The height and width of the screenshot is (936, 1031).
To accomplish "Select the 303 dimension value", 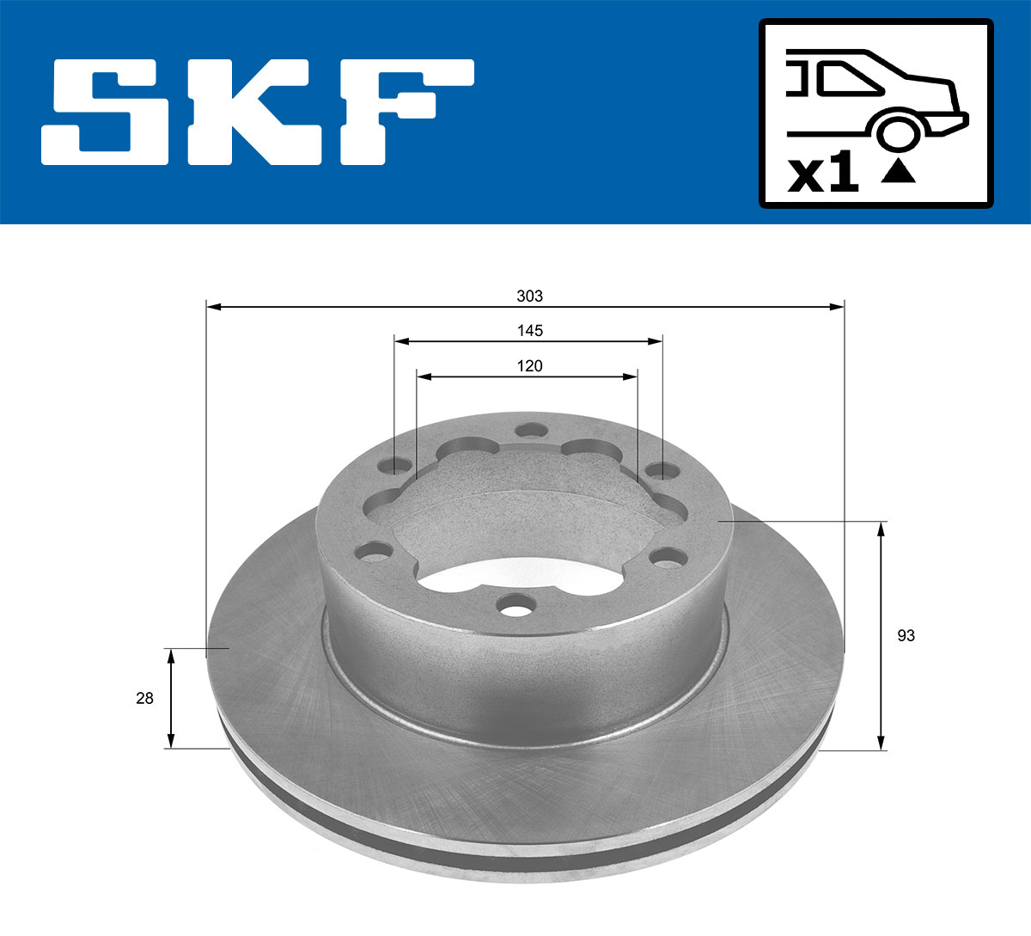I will click(x=529, y=297).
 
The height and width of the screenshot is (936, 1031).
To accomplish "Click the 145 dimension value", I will click(x=529, y=331).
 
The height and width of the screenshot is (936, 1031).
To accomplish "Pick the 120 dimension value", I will click(x=529, y=366).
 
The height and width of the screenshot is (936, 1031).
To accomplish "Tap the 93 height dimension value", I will click(x=906, y=636).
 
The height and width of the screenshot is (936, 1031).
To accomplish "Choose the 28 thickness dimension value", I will click(x=144, y=699).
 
